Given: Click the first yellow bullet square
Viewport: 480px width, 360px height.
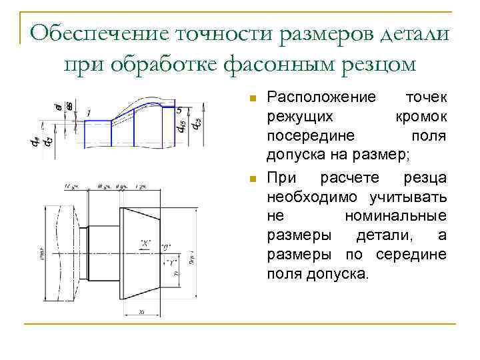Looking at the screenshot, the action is (251, 98).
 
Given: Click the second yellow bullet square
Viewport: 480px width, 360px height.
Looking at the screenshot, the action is (251, 179).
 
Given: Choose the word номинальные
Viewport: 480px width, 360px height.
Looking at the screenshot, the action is (395, 216).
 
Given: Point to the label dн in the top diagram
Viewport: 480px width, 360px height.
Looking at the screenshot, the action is (36, 141).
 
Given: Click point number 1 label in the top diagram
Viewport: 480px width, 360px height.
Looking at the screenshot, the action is (89, 113).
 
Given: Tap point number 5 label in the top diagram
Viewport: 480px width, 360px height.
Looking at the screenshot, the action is (179, 109).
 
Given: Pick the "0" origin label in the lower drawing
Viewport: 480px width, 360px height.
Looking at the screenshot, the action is (165, 246).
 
